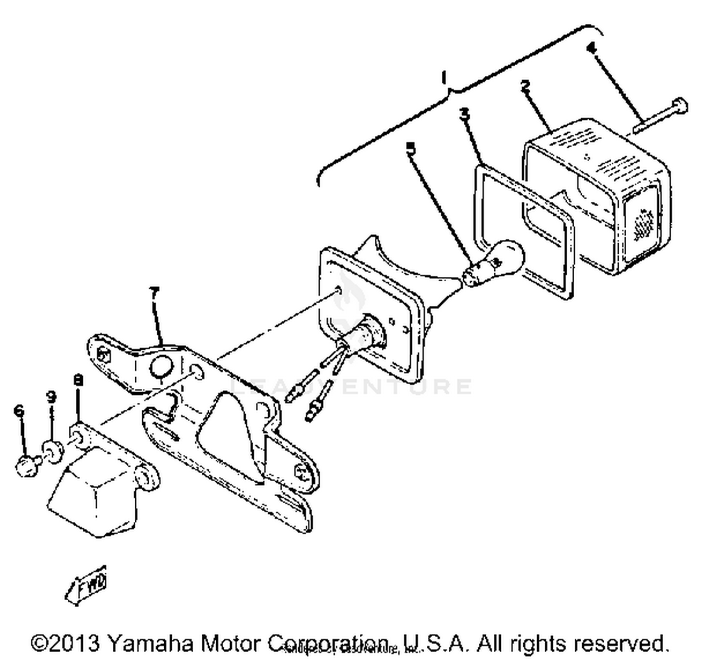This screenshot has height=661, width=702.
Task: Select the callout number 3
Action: click(464, 114)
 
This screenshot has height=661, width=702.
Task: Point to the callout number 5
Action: click(410, 149)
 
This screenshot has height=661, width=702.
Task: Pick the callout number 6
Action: click(19, 411)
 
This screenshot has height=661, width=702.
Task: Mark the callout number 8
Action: click(78, 380)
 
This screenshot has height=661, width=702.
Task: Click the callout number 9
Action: click(51, 397)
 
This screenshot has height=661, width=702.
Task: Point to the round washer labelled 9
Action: click(52, 450)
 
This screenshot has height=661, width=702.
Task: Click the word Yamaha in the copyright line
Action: click(150, 643)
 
